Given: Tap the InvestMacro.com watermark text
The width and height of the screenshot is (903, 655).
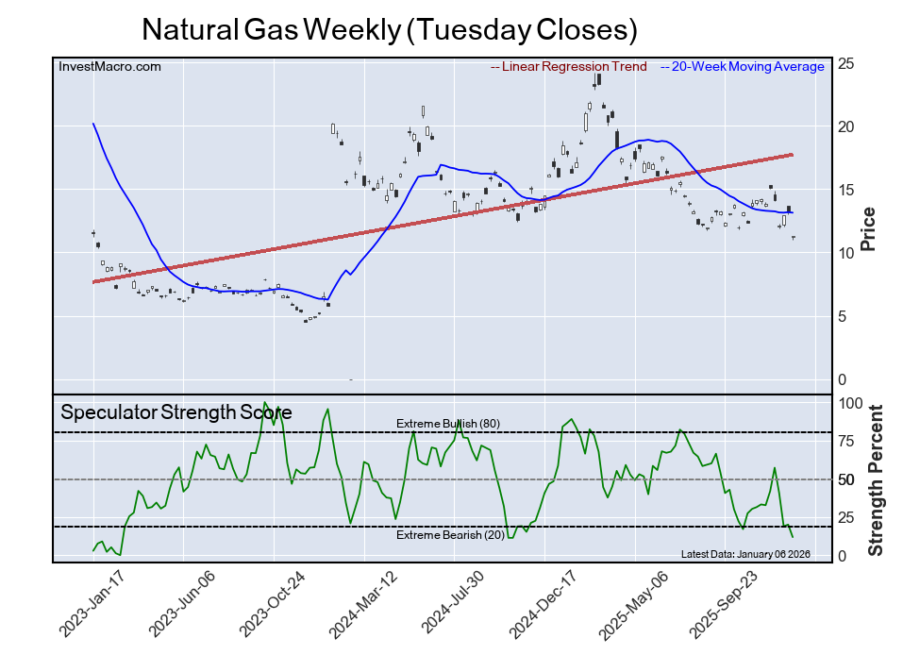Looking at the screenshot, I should (109, 66).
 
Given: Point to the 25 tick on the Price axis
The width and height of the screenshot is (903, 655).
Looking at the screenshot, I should (846, 63).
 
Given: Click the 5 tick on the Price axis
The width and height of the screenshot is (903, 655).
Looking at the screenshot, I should (843, 316).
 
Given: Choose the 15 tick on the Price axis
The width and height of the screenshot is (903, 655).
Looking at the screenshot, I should (846, 190).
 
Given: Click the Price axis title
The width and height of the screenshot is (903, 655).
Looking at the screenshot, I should (869, 229).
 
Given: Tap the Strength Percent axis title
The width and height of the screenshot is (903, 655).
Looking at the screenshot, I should (875, 479).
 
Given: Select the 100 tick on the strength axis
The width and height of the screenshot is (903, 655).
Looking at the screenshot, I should (851, 403).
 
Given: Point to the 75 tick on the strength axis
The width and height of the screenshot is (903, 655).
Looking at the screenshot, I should (847, 441).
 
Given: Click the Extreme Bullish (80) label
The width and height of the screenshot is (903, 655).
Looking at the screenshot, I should (447, 424).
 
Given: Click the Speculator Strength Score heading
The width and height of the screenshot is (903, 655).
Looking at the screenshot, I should (176, 412).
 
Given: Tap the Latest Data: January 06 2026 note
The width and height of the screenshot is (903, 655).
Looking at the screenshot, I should (744, 553).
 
